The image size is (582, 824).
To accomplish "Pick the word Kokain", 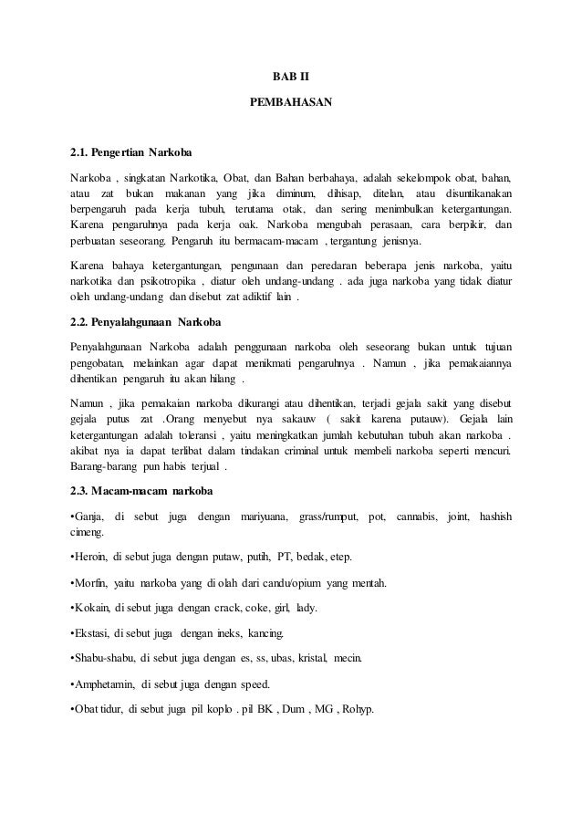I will point(91,608).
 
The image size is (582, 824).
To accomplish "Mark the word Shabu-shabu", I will point(100,657).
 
